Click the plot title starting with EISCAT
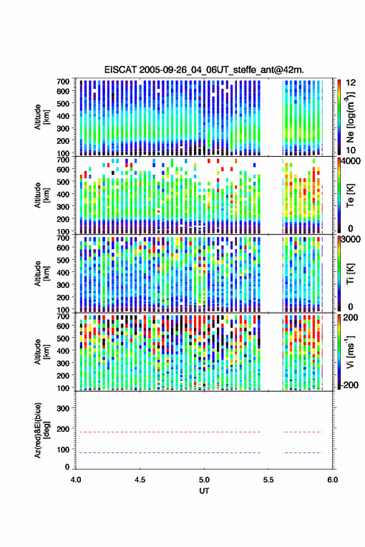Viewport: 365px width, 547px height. [204, 70]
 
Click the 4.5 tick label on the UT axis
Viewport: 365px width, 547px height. [140, 480]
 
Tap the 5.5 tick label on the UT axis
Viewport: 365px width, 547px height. [269, 480]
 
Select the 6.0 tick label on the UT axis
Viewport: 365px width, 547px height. [333, 480]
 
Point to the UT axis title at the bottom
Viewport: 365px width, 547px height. [204, 491]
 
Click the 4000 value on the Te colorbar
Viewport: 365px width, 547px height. [351, 161]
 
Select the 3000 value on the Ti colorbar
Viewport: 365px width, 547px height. [351, 240]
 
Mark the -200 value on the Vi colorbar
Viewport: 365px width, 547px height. [349, 385]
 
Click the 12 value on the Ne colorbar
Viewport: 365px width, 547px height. [351, 83]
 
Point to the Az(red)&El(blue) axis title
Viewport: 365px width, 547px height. [40, 430]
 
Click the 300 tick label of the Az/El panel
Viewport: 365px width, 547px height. [63, 408]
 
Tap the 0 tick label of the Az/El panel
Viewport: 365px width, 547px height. [67, 467]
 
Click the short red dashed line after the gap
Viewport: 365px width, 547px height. [303, 432]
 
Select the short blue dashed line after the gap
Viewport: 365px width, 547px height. [303, 452]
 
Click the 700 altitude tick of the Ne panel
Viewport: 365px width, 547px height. [63, 82]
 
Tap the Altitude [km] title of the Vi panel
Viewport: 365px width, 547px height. [40, 352]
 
